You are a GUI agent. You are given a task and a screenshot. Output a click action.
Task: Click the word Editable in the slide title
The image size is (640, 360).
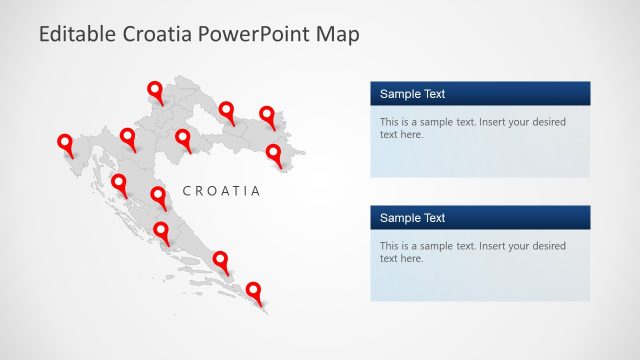(x=76, y=34)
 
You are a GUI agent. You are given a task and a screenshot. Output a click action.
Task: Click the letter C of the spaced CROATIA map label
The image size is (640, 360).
(x=188, y=190)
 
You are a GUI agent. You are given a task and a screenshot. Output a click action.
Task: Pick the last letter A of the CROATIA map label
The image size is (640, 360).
(x=255, y=190)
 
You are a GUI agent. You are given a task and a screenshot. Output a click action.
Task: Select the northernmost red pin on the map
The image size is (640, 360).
(x=156, y=92)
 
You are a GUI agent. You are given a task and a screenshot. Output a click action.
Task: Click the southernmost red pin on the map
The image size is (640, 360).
(x=254, y=292)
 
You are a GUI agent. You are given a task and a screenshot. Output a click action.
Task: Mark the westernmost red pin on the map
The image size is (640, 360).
(x=66, y=144)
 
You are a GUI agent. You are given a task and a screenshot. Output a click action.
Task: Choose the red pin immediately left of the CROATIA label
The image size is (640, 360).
(x=158, y=196)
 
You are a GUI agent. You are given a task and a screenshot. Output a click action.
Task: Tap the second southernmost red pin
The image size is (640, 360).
(x=221, y=261)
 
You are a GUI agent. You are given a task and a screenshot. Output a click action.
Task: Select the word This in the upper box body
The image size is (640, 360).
(x=390, y=122)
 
